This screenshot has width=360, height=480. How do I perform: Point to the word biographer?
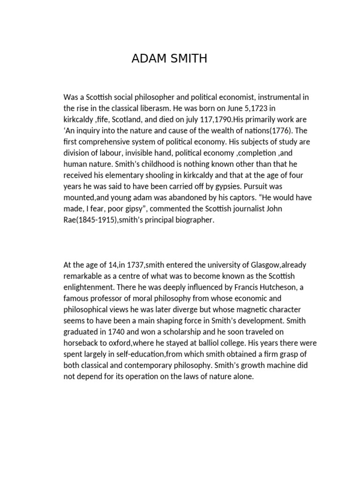(193, 219)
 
